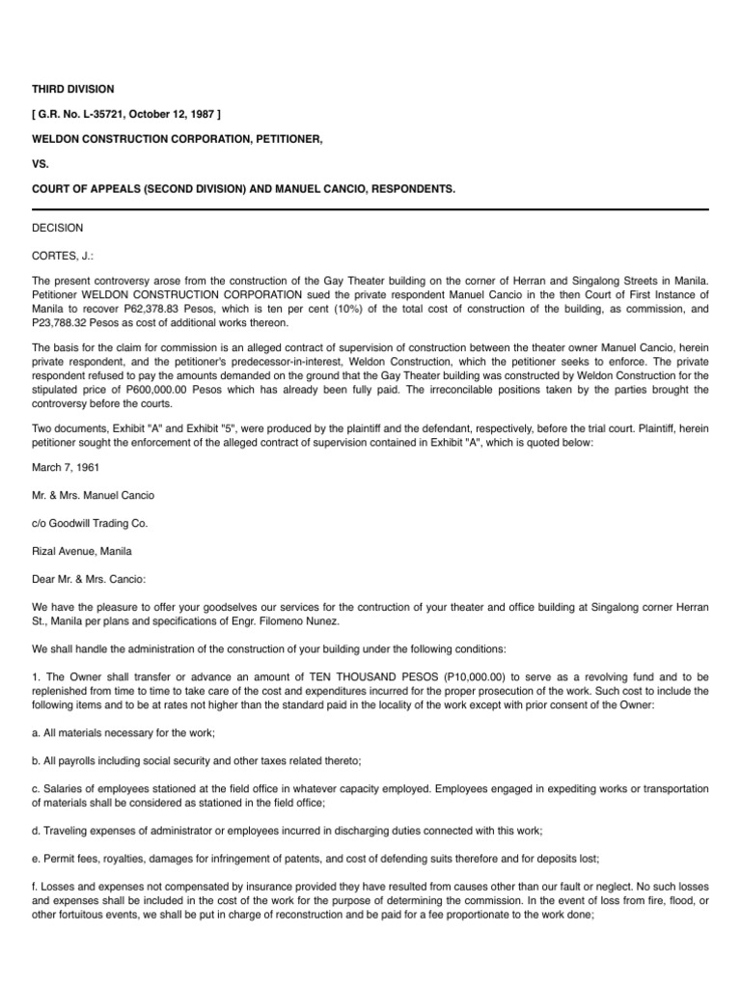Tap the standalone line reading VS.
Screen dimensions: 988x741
[x=41, y=165]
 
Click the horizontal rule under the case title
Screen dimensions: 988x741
[x=370, y=208]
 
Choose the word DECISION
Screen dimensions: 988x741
[x=58, y=229]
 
